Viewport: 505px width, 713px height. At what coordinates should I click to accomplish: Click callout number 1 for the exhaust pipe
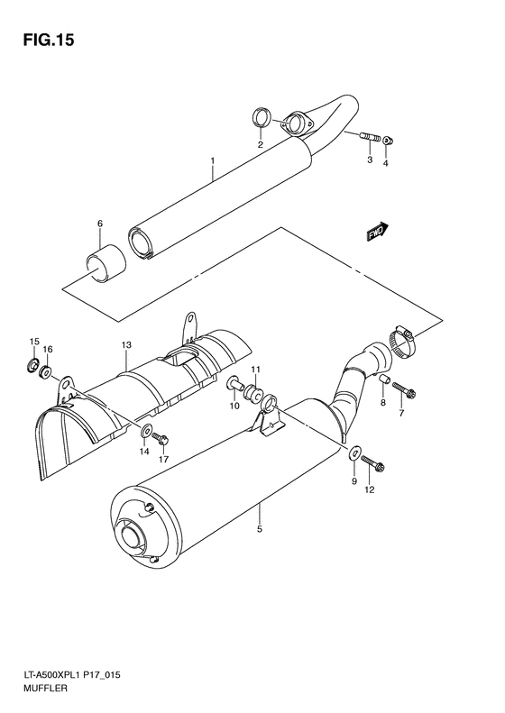point(212,162)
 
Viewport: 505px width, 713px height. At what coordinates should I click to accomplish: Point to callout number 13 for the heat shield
point(126,345)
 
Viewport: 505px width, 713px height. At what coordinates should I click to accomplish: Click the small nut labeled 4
point(388,140)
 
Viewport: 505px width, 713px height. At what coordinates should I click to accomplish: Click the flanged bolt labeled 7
point(401,392)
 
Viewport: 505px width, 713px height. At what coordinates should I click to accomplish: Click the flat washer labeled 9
point(357,452)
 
